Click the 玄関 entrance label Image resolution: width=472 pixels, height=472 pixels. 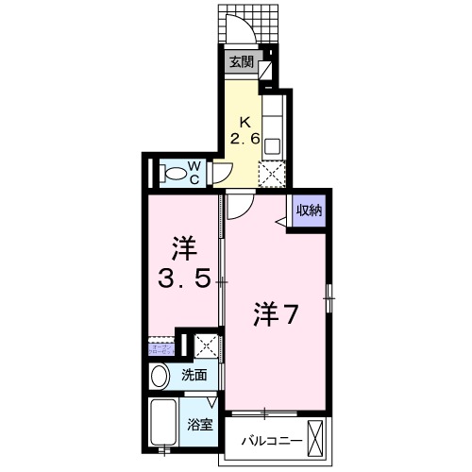pyautogui.click(x=241, y=64)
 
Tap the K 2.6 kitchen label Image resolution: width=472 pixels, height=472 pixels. pyautogui.click(x=245, y=131)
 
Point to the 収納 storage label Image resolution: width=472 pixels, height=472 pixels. pyautogui.click(x=309, y=211)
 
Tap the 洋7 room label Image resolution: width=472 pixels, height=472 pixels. pyautogui.click(x=276, y=315)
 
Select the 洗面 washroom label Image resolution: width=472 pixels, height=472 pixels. pyautogui.click(x=194, y=375)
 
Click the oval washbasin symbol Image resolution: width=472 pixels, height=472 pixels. pyautogui.click(x=161, y=375)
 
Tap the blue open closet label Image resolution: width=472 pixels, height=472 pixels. pyautogui.click(x=160, y=348)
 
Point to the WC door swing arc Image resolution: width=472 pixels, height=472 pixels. pyautogui.click(x=223, y=172)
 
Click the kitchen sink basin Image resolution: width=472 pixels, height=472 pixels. pyautogui.click(x=272, y=145)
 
